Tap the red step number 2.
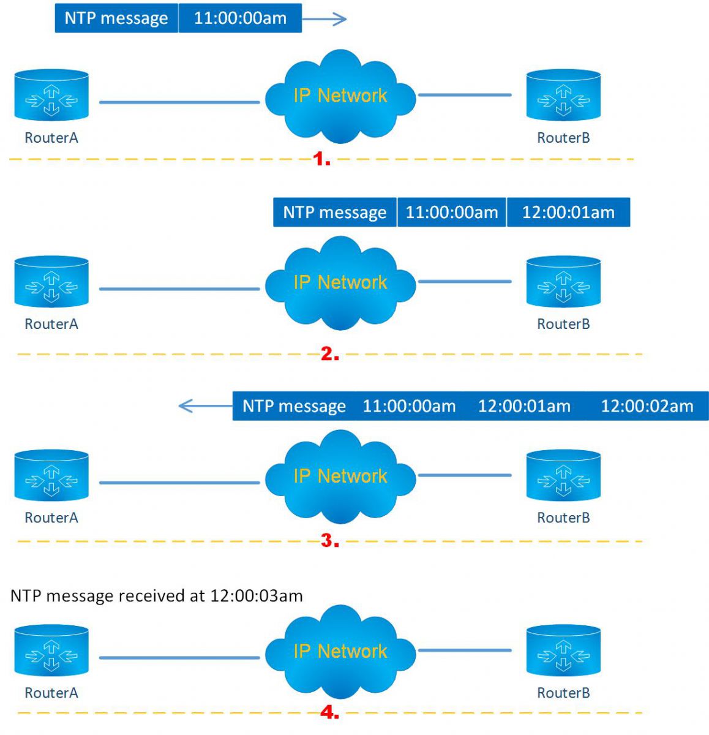point(329,354)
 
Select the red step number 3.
point(329,541)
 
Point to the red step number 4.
point(329,712)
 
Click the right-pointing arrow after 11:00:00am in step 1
point(324,19)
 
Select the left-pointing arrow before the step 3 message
point(204,405)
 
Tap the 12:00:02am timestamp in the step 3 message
point(647,406)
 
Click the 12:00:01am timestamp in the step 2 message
point(568,213)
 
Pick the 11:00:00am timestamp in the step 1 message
point(240,18)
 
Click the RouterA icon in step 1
point(51,95)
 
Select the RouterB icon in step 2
point(563,282)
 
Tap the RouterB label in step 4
point(563,693)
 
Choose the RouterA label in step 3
point(51,518)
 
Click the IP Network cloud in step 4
point(340,651)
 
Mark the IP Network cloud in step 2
point(340,282)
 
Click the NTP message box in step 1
point(116,18)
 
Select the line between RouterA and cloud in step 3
point(179,483)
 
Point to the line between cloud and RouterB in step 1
point(464,95)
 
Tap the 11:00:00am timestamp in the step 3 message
point(409,406)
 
